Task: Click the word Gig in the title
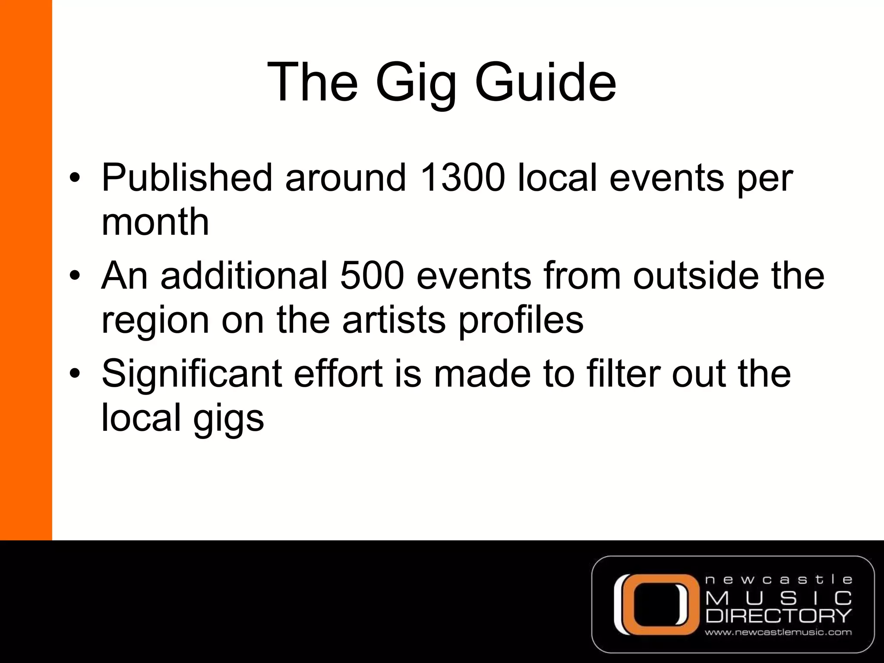(x=416, y=83)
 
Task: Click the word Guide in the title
(x=545, y=82)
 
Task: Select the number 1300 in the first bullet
(x=462, y=177)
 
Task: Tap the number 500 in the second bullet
(x=372, y=275)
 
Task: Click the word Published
(x=187, y=177)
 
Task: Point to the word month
(x=155, y=222)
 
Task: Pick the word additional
(x=244, y=275)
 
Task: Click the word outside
(x=696, y=275)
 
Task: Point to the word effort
(x=338, y=374)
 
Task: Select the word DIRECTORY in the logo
(x=779, y=616)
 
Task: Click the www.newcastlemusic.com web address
(x=778, y=633)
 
